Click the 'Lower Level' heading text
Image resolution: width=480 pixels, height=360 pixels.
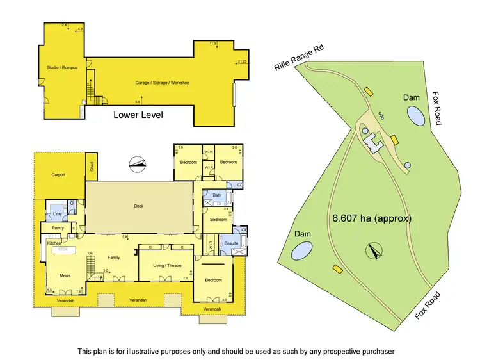point(138,115)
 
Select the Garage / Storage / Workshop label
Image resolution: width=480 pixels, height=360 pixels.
point(162,83)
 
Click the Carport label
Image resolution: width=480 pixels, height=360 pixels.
point(60,174)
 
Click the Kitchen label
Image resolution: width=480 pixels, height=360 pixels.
point(54,243)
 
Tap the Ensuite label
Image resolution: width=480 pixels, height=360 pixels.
point(231,243)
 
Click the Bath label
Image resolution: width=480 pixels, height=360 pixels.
point(217,195)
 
